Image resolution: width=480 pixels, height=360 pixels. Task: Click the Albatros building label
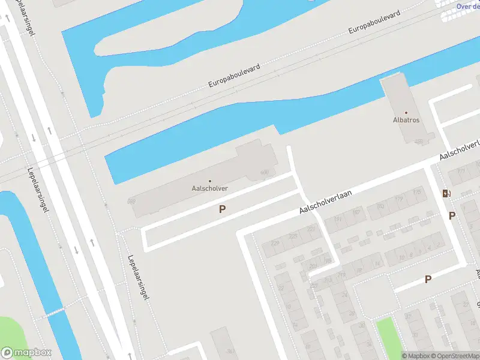406,120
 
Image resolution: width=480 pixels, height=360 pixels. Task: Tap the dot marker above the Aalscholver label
210,181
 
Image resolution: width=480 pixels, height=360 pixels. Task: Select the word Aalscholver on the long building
210,188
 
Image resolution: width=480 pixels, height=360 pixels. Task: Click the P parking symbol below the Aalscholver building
222,209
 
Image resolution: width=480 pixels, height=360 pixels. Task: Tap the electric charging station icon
445,193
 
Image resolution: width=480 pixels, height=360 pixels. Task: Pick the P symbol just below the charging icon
452,216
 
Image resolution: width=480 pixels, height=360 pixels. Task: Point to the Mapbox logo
26,353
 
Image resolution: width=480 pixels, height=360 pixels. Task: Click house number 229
275,242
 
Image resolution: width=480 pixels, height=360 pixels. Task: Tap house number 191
338,220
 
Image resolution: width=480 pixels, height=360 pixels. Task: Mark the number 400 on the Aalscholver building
264,172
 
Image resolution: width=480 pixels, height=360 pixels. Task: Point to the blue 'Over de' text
467,6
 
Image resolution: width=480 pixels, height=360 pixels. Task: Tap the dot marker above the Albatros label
406,112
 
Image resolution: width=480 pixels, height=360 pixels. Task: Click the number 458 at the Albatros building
418,142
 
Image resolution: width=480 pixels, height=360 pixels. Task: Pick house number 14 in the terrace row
377,262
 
